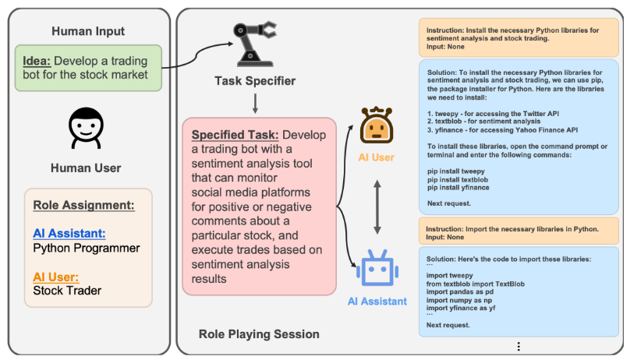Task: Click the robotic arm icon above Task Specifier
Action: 253,44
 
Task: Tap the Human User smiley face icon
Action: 86,128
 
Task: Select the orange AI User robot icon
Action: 377,125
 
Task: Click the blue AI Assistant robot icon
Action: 377,268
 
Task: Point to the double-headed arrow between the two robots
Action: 377,207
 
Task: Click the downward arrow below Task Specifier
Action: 255,104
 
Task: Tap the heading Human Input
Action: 88,31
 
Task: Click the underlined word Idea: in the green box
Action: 37,61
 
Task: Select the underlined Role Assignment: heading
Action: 83,205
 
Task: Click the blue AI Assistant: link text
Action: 69,233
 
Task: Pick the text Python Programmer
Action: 87,248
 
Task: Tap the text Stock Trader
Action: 67,291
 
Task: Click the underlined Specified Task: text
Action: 235,135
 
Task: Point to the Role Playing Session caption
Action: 259,334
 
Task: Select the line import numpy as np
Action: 458,300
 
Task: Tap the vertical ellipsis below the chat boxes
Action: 519,346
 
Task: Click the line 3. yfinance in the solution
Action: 503,129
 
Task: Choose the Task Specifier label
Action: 255,81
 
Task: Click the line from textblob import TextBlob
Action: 476,284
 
